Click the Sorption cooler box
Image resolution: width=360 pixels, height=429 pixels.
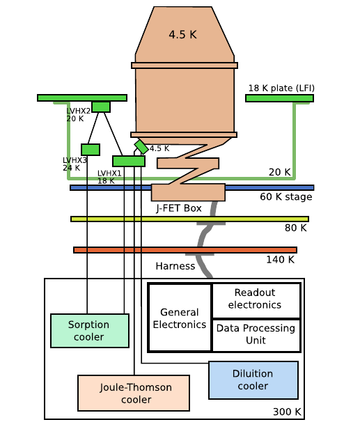[x=90, y=331]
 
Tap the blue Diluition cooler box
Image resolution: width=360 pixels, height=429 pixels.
[x=253, y=380]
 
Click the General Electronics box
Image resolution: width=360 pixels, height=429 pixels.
[x=180, y=318]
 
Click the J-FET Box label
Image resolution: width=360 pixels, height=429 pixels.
[x=179, y=208]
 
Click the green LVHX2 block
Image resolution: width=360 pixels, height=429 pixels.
[x=101, y=107]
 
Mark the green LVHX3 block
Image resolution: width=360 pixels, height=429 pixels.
[x=91, y=149]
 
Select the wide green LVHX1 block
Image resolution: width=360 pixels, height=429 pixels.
[x=129, y=161]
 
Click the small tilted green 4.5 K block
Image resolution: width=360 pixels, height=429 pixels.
[x=141, y=146]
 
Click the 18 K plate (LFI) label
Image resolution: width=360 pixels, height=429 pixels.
[x=281, y=88]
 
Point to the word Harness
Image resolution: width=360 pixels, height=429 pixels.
[x=175, y=266]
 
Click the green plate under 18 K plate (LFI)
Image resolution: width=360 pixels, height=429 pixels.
[x=279, y=98]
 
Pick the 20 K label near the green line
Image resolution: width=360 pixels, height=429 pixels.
[x=279, y=171]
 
